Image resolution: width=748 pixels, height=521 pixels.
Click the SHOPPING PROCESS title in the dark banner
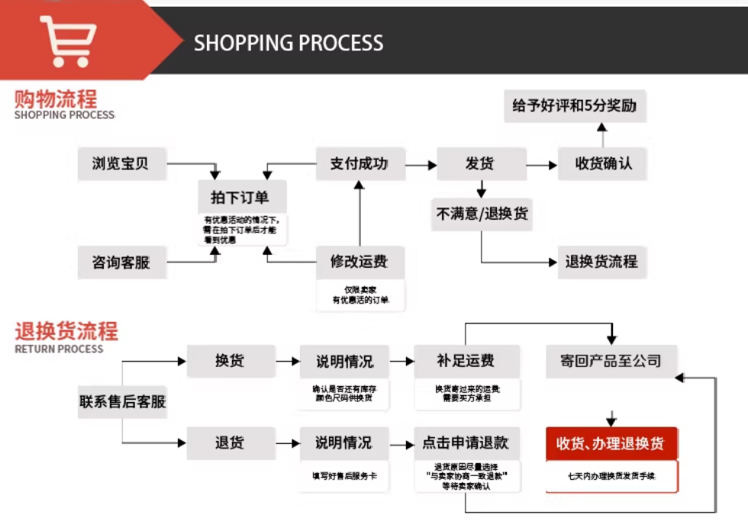(x=289, y=43)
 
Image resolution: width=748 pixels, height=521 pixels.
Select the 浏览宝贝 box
(x=121, y=163)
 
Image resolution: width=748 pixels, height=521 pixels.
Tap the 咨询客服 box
(x=121, y=262)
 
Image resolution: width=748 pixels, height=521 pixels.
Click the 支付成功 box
(x=359, y=163)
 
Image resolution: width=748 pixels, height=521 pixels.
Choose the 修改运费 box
(x=359, y=262)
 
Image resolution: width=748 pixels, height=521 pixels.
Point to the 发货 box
(x=481, y=163)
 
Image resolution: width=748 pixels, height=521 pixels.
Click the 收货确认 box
(x=603, y=163)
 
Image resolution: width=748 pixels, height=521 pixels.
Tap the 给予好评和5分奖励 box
(x=574, y=106)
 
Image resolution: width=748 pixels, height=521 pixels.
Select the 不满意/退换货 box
(x=482, y=214)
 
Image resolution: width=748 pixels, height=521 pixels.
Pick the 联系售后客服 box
(x=122, y=401)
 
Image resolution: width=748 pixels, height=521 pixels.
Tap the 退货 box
(x=230, y=442)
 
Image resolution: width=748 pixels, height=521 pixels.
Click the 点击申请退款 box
(x=466, y=442)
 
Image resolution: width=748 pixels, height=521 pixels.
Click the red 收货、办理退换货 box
(x=611, y=443)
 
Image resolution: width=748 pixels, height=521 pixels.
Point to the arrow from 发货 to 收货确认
(x=542, y=165)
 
